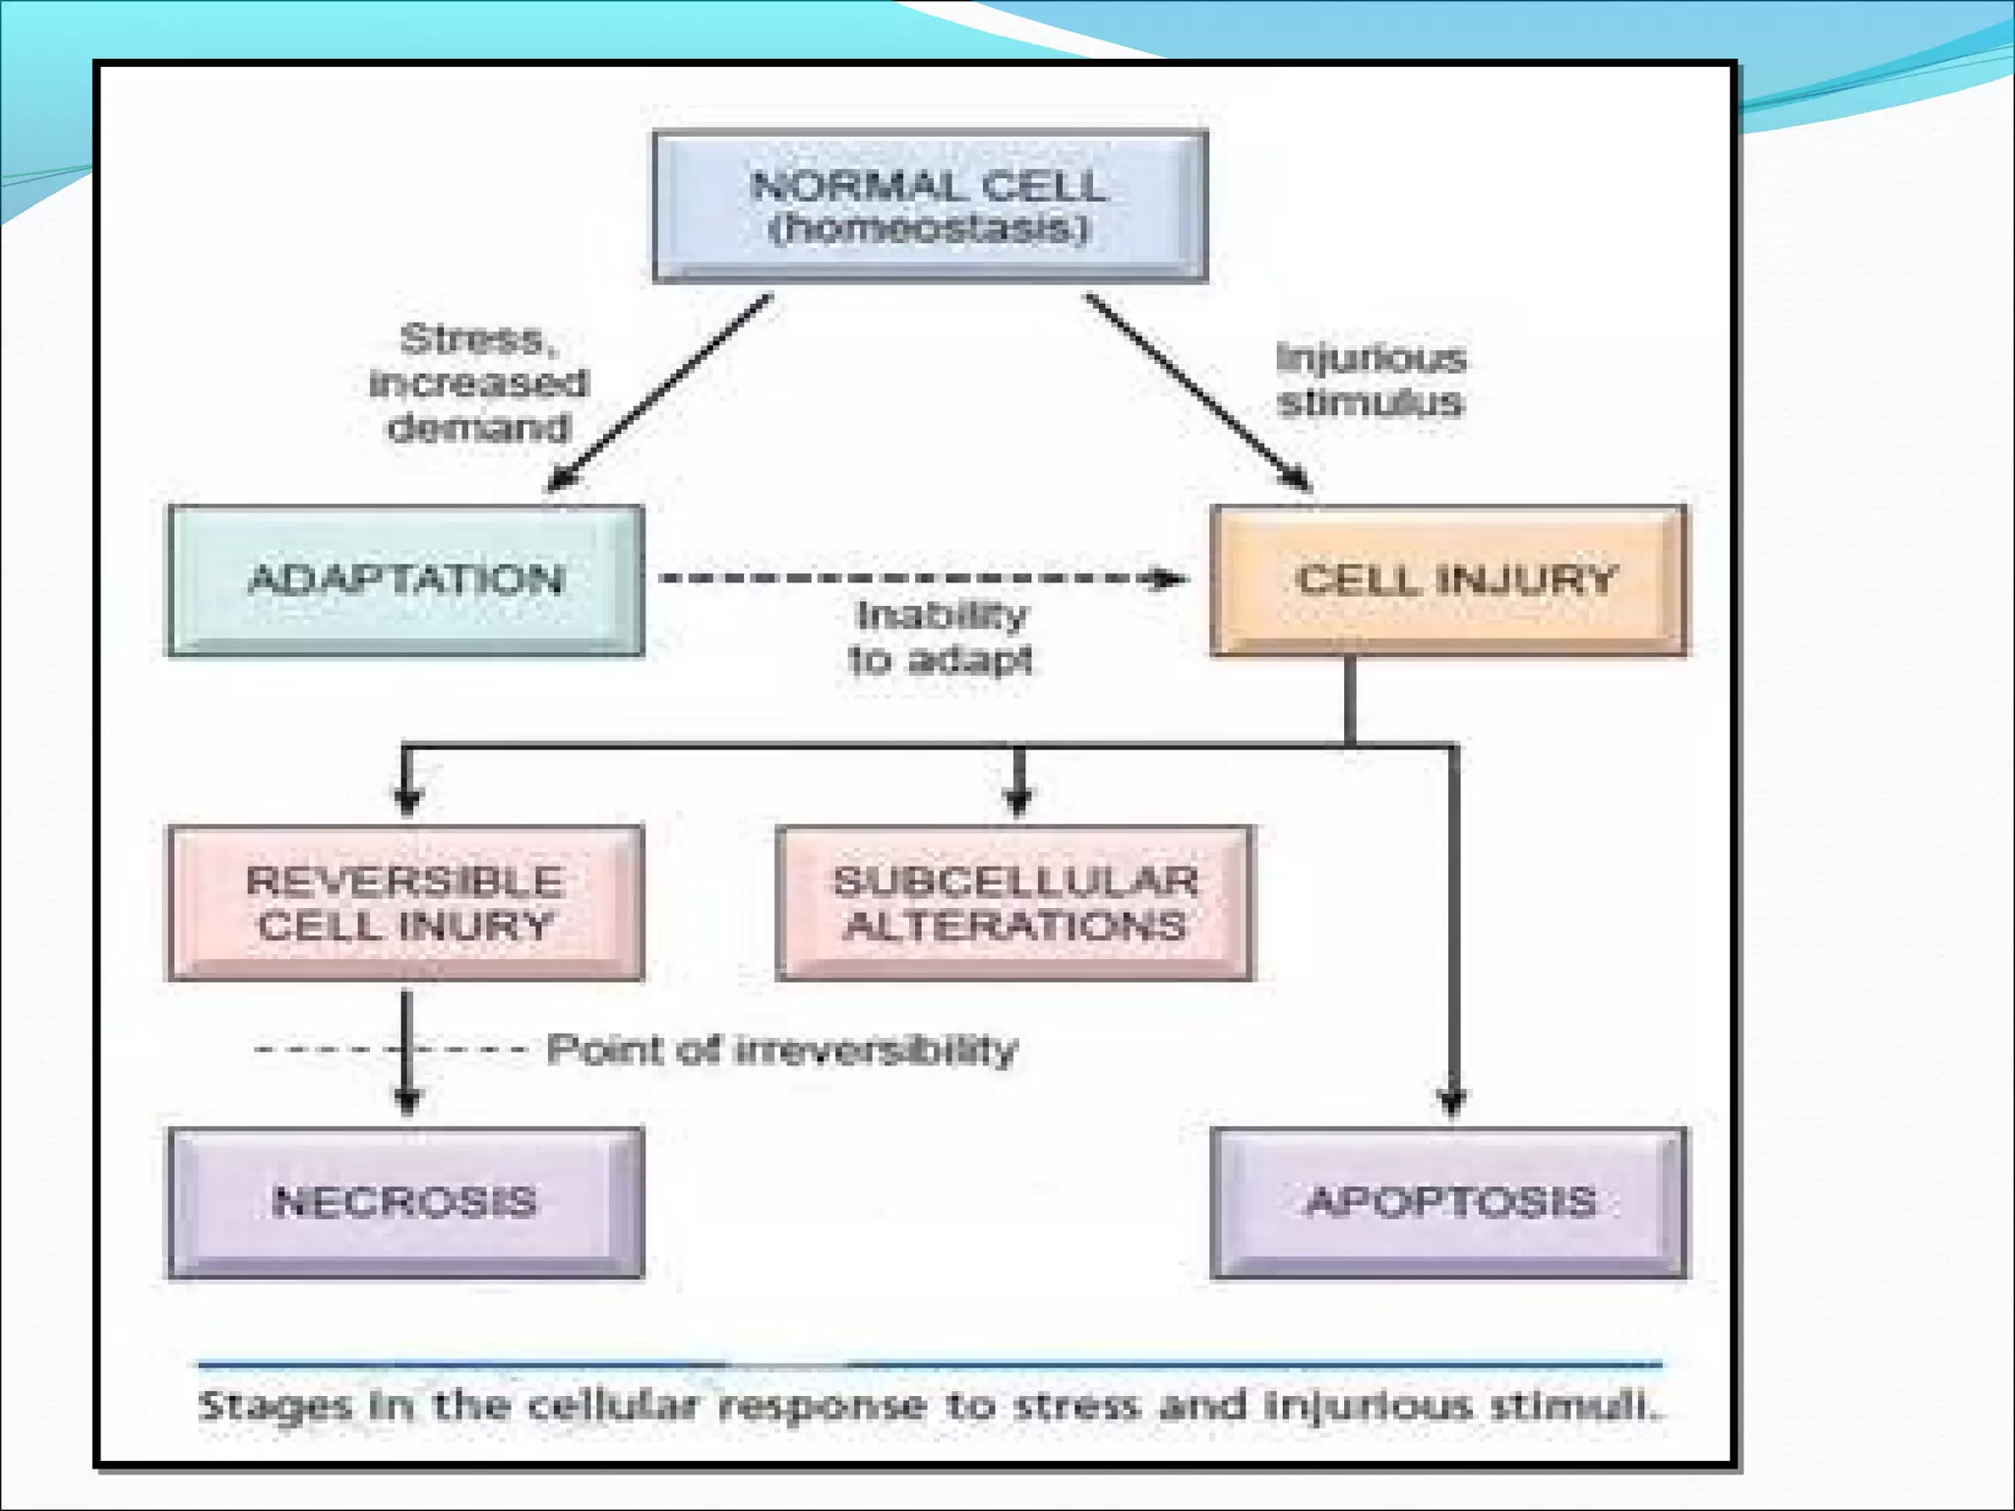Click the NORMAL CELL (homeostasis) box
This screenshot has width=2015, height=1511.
[930, 207]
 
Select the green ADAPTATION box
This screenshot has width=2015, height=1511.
[405, 579]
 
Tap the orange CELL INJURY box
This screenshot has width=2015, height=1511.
[1449, 579]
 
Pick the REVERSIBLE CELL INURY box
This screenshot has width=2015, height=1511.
[405, 902]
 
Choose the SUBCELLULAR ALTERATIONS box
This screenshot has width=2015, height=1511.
[1014, 902]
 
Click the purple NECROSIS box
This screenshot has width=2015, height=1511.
[405, 1202]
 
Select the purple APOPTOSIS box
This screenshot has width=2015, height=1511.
[1449, 1202]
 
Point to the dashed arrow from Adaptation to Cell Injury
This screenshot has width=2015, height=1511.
[915, 577]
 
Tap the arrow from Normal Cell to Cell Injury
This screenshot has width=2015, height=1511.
[1195, 389]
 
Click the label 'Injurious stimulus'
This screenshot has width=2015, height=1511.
[1370, 380]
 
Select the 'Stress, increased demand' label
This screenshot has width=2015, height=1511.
[478, 383]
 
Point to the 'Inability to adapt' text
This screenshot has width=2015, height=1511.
[941, 637]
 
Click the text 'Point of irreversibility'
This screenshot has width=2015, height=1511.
[781, 1050]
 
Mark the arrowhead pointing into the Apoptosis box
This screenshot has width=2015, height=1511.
[1453, 1102]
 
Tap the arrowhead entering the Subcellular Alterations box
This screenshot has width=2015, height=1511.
[1019, 801]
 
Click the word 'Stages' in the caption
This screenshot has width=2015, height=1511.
[274, 1406]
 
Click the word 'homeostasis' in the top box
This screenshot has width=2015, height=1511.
[930, 229]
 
